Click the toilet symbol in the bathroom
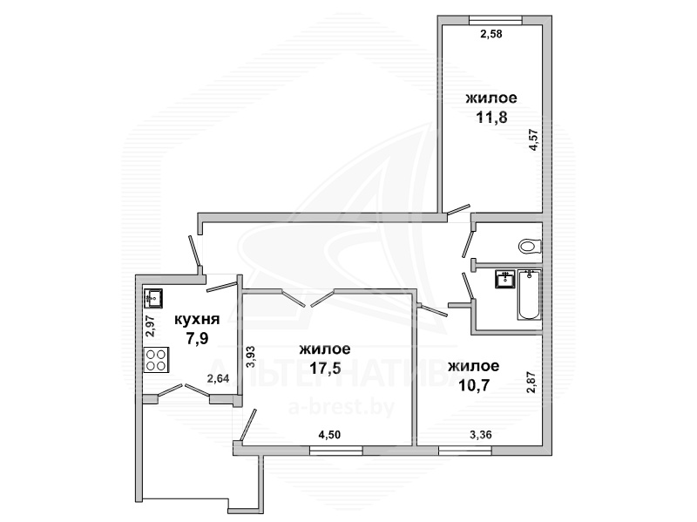pyautogui.click(x=530, y=246)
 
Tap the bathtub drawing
pyautogui.click(x=529, y=295)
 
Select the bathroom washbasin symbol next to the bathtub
pyautogui.click(x=505, y=279)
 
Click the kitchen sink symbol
pyautogui.click(x=153, y=298)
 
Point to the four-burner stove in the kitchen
pyautogui.click(x=157, y=360)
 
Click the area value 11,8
pyautogui.click(x=491, y=118)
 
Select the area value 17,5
pyautogui.click(x=324, y=368)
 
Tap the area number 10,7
pyautogui.click(x=474, y=385)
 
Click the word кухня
pyautogui.click(x=197, y=319)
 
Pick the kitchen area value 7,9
pyautogui.click(x=198, y=339)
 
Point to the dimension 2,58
pyautogui.click(x=491, y=33)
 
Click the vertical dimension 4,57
pyautogui.click(x=534, y=139)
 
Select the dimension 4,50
pyautogui.click(x=329, y=434)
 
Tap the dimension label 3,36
pyautogui.click(x=481, y=434)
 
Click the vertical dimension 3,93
pyautogui.click(x=251, y=356)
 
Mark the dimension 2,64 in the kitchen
pyautogui.click(x=219, y=379)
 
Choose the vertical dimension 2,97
pyautogui.click(x=150, y=327)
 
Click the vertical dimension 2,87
pyautogui.click(x=531, y=383)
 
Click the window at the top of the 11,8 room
pyautogui.click(x=496, y=19)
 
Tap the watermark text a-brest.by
pyautogui.click(x=342, y=407)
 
